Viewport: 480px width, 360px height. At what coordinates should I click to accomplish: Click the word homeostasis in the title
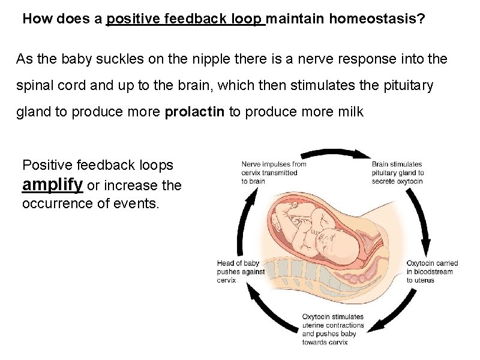(x=377, y=19)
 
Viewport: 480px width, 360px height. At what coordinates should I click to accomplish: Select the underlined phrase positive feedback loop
(x=185, y=19)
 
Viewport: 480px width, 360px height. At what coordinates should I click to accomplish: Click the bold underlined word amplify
(x=52, y=184)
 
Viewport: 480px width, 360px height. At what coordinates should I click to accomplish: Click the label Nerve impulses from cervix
(x=274, y=172)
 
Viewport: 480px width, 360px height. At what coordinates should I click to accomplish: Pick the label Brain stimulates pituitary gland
(x=397, y=172)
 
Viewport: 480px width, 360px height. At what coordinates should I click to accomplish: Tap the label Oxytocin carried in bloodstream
(x=432, y=271)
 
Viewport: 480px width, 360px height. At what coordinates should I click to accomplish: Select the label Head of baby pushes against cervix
(x=241, y=271)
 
